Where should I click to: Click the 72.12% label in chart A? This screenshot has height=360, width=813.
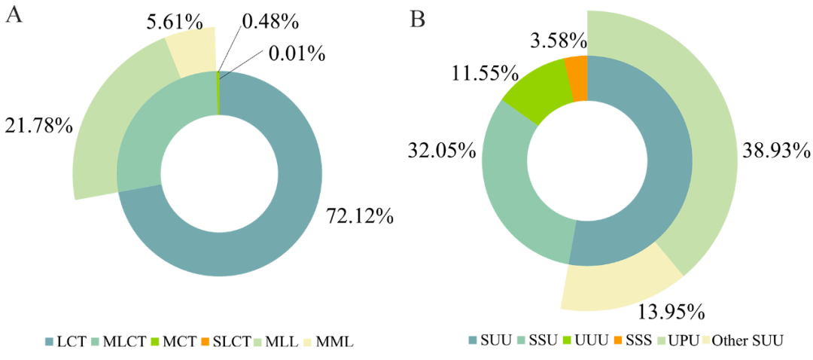coord(359,218)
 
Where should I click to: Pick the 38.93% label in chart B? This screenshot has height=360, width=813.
coord(775,147)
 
